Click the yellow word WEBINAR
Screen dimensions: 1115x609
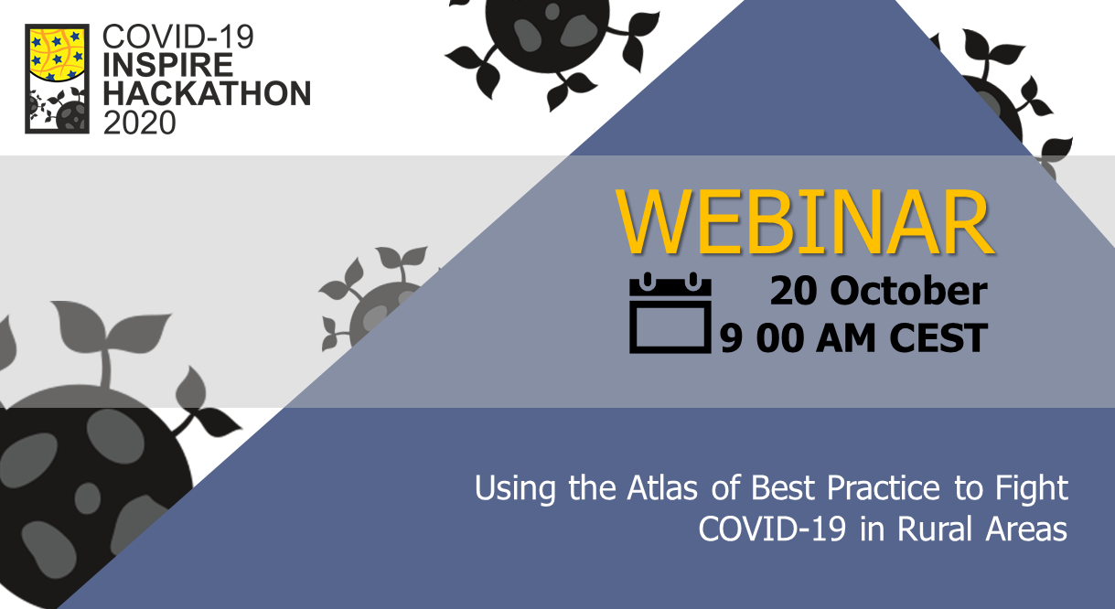tap(804, 221)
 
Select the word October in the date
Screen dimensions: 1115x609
tap(908, 291)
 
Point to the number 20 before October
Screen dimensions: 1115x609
tap(793, 291)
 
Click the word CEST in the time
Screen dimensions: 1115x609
tap(938, 337)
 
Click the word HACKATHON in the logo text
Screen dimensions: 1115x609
tap(207, 93)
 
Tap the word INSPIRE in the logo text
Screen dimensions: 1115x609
tap(167, 65)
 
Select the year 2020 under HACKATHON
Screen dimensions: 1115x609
tap(139, 122)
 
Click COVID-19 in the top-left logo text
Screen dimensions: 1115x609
tap(177, 36)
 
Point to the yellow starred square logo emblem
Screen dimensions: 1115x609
tap(58, 79)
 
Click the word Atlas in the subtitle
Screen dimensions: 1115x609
tap(662, 487)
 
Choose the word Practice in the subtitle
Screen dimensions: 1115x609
tap(883, 487)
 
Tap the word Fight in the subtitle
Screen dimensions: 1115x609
tap(1032, 488)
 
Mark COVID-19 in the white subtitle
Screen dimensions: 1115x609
tap(772, 529)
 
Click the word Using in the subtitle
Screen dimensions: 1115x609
tap(515, 489)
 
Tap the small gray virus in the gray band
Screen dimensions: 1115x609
tap(380, 301)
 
